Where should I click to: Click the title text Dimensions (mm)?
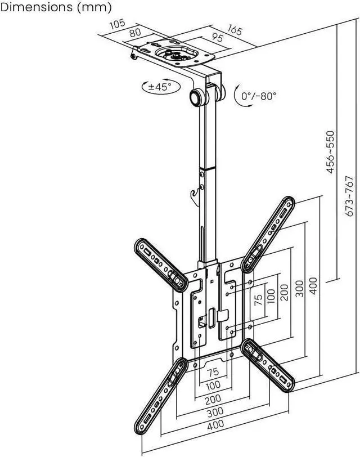56,7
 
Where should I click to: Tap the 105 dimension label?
116,24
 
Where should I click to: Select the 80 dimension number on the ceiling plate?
135,33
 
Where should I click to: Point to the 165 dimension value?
235,30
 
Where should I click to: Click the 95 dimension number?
217,39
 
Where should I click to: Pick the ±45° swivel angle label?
159,87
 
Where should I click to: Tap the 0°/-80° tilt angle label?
259,96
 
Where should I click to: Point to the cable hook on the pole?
196,195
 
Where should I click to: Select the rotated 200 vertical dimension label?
285,291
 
